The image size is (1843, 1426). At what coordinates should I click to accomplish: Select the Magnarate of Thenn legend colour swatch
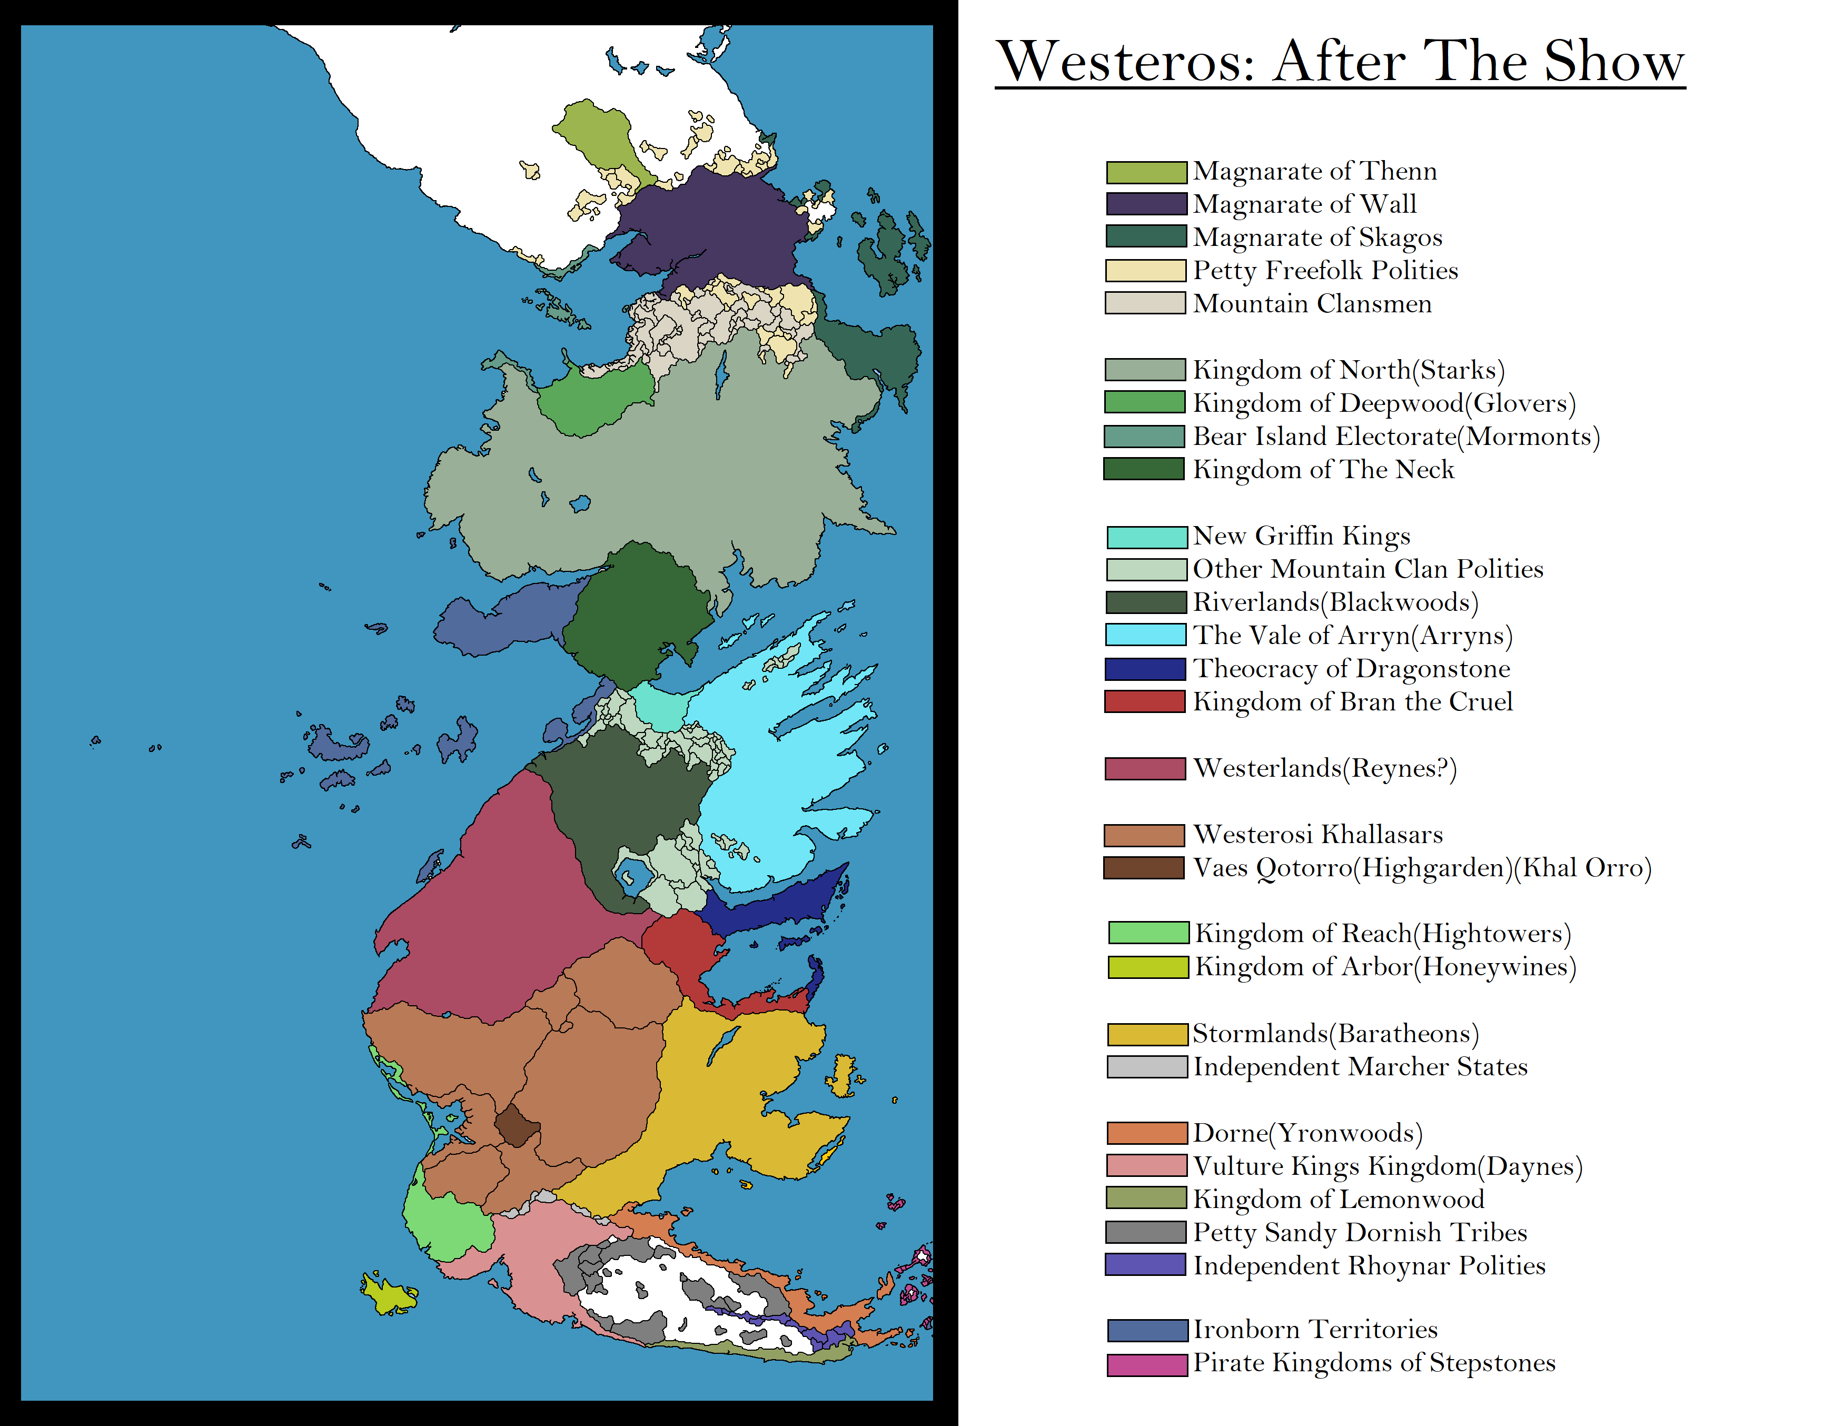1146,172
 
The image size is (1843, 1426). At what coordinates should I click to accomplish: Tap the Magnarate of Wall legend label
1305,204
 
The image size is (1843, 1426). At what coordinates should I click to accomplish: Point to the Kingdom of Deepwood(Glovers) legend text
1384,403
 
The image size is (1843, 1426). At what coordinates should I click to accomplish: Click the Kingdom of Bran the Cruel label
1353,702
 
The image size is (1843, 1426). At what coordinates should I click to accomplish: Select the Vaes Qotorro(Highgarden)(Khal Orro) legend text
1422,868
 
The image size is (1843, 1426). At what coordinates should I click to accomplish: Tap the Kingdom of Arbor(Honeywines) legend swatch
1147,967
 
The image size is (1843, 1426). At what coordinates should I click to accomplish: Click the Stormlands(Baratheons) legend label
1335,1034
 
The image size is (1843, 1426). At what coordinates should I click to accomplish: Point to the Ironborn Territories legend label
1315,1330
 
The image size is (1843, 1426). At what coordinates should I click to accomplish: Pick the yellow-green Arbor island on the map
388,1295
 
